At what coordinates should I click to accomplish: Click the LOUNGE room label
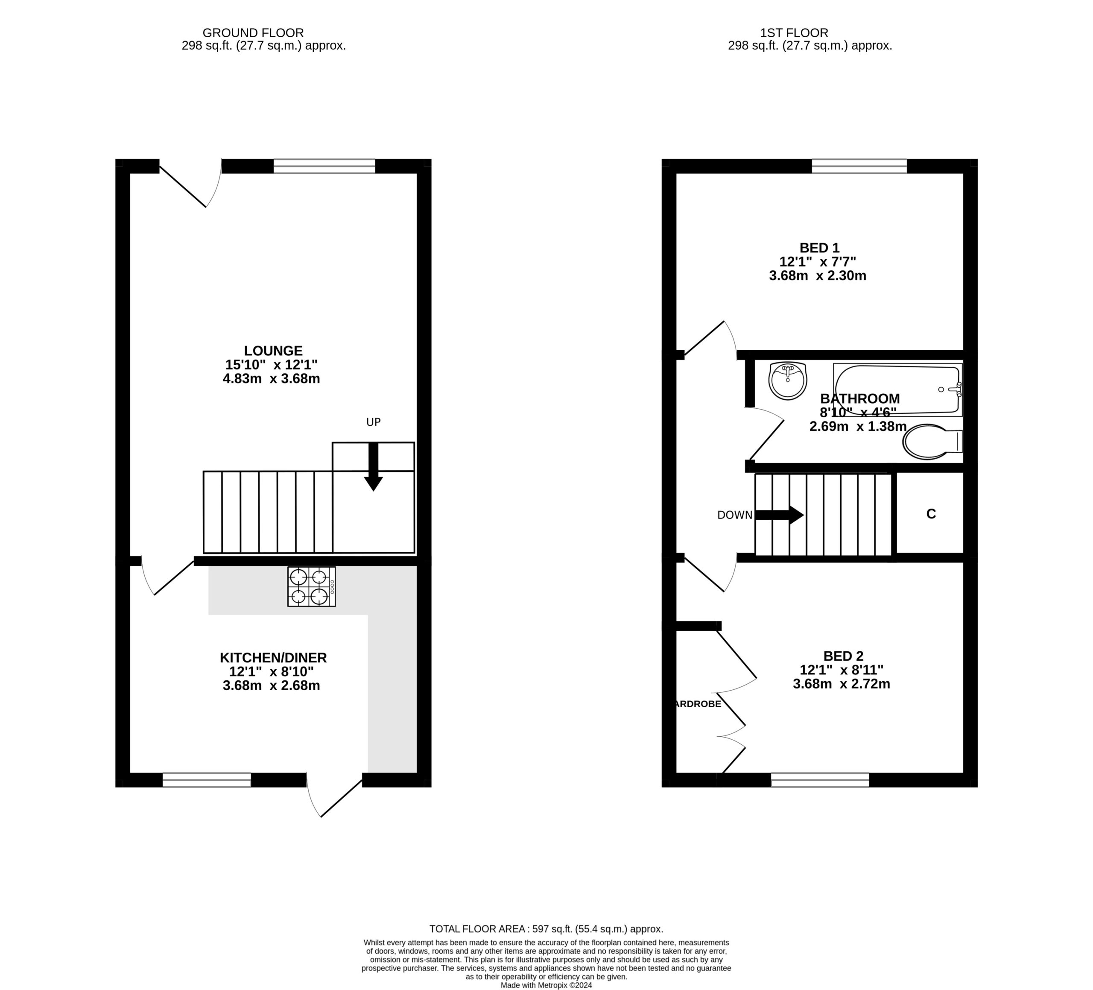273,351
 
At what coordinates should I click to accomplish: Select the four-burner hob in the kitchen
312,586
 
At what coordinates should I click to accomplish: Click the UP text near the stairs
374,422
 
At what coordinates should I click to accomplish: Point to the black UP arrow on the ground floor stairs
373,466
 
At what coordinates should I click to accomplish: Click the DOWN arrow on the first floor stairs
780,515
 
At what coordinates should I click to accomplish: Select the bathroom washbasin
788,381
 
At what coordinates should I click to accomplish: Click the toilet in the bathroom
932,442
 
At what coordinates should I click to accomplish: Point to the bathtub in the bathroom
898,390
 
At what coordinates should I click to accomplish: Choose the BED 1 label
819,248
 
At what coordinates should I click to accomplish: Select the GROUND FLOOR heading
253,33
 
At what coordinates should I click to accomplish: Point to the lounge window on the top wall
324,166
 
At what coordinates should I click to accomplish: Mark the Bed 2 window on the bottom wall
820,780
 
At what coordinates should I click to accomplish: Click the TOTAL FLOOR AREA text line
546,929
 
